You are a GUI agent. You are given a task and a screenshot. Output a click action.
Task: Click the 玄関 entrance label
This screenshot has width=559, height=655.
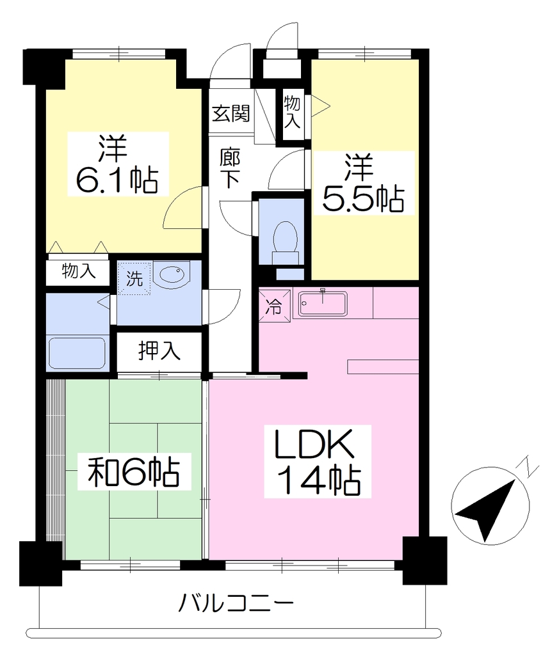(231, 113)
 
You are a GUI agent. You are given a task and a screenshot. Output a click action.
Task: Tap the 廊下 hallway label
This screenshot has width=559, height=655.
(230, 168)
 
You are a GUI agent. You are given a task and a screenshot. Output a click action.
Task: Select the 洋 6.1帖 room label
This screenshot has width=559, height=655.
(118, 164)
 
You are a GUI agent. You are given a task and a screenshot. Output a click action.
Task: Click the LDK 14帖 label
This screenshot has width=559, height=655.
(318, 461)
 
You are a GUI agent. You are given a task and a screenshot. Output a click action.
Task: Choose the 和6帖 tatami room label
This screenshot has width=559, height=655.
(134, 471)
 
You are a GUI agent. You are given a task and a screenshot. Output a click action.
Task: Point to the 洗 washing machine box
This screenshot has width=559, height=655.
(134, 278)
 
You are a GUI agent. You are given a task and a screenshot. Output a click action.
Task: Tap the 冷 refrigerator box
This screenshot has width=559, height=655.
(274, 306)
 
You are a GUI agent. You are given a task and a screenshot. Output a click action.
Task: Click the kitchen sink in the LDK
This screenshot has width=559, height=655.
(322, 304)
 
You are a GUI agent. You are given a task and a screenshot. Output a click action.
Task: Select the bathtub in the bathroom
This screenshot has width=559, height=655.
(77, 353)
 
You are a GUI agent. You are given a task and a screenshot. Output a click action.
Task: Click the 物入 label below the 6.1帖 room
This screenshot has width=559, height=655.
(79, 271)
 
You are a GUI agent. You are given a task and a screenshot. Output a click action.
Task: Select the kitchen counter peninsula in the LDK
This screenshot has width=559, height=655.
(383, 367)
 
